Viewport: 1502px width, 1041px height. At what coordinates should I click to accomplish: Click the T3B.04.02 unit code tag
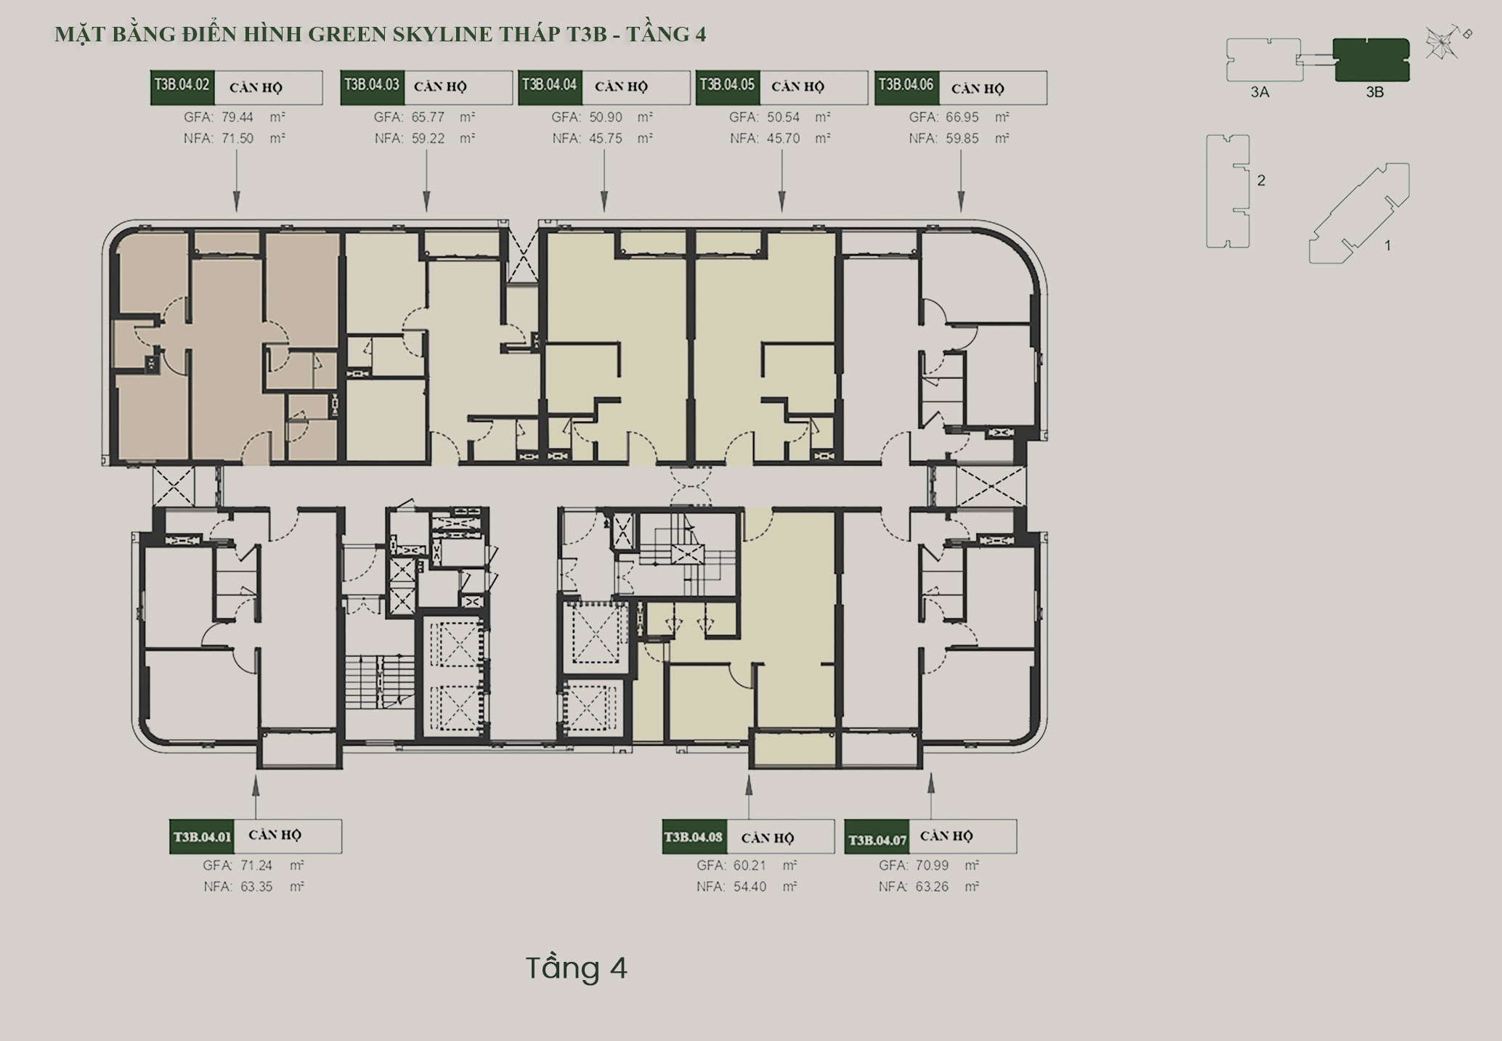pos(182,86)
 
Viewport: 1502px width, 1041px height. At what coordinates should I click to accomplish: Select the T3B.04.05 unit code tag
pos(728,86)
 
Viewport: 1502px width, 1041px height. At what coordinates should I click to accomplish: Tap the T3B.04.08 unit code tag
pos(694,837)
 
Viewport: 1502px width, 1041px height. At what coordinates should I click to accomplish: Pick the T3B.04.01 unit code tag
pos(201,837)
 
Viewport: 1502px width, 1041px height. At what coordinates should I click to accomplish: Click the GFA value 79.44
pos(238,117)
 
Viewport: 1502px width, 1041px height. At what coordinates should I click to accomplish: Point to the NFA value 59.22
pos(429,138)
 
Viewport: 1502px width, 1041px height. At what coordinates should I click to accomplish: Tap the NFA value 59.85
pos(962,138)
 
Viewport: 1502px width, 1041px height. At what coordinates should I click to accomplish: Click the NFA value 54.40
pos(750,886)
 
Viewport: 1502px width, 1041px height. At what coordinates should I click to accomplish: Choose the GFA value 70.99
pos(932,865)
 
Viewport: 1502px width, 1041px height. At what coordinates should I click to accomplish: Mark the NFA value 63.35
pos(256,886)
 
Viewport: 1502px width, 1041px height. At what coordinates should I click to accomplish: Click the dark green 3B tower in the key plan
pos(1371,60)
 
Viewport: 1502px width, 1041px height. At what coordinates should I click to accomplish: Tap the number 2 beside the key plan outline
pos(1261,180)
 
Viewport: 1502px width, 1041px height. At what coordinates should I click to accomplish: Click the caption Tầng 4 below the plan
pos(576,968)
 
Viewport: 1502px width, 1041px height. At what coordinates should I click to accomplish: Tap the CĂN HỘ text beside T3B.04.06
pos(978,89)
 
